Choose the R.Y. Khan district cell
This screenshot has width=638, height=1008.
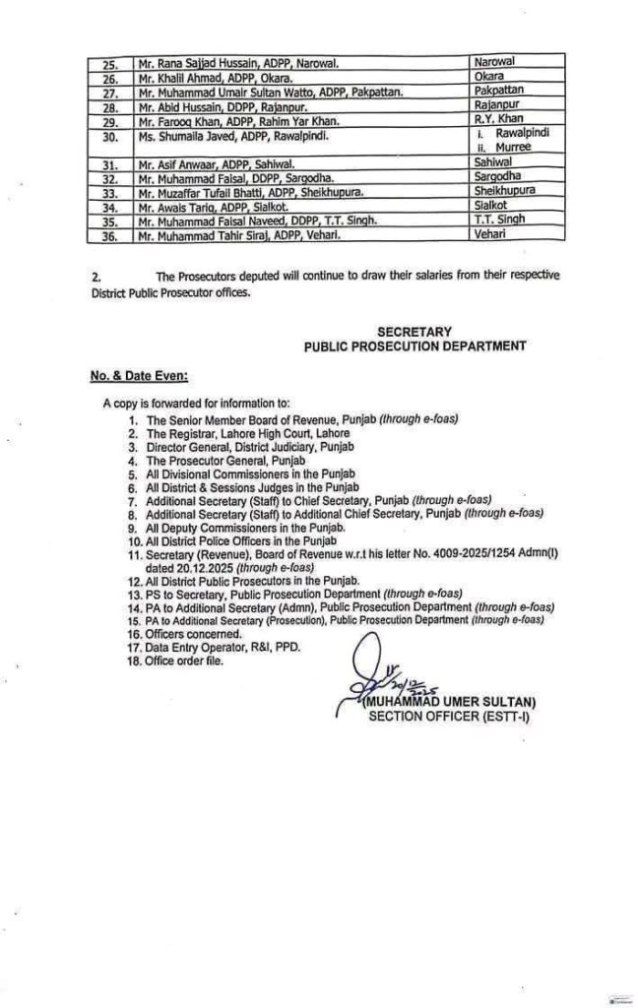tap(496, 118)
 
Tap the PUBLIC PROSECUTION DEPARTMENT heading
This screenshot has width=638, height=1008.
tap(414, 347)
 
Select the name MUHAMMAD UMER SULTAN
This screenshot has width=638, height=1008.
tap(447, 702)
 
